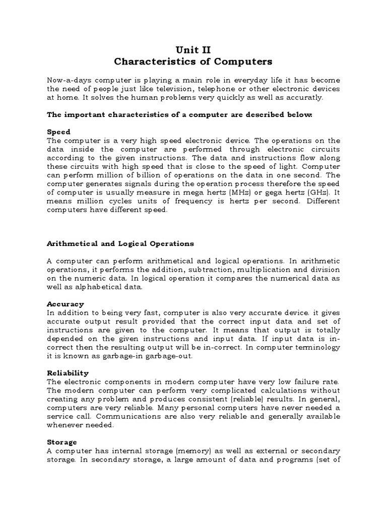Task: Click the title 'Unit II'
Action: pyautogui.click(x=193, y=49)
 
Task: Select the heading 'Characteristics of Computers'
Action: pyautogui.click(x=193, y=62)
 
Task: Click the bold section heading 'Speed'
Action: pyautogui.click(x=58, y=132)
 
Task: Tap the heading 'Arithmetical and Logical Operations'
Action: pyautogui.click(x=120, y=243)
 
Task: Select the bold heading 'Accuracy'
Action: pyautogui.click(x=66, y=304)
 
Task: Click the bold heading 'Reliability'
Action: pyautogui.click(x=68, y=373)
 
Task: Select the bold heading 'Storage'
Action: pyautogui.click(x=62, y=442)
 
